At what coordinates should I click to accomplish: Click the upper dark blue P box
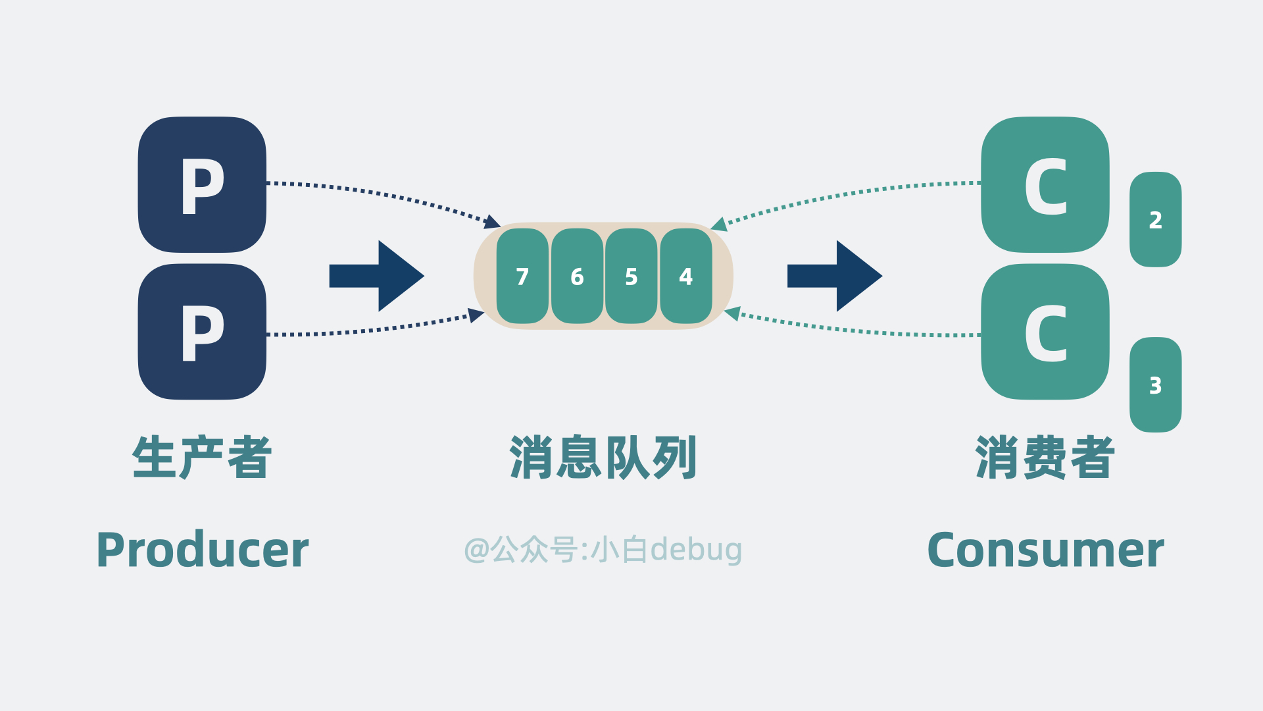point(202,184)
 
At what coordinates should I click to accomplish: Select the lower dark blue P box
point(202,332)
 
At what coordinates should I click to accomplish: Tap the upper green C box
point(1045,184)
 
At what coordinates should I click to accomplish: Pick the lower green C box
point(1045,332)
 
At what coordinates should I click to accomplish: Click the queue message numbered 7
point(522,276)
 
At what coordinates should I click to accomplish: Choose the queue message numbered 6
point(577,276)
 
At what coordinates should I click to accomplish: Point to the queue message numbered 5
point(631,276)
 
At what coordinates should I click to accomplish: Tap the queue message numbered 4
point(686,276)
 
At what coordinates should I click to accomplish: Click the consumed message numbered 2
point(1155,220)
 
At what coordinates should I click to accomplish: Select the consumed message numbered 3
point(1155,385)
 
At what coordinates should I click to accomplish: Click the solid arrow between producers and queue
point(376,276)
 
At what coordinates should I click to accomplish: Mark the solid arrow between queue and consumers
point(834,276)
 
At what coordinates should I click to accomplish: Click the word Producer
point(202,550)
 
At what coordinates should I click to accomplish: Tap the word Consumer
point(1045,550)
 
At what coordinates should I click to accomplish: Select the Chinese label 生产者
point(202,457)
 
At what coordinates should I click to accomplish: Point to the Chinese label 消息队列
point(603,457)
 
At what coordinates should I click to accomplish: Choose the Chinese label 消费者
point(1045,457)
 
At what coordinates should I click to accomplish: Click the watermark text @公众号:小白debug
point(603,550)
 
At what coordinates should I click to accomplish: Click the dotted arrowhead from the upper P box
point(493,223)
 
